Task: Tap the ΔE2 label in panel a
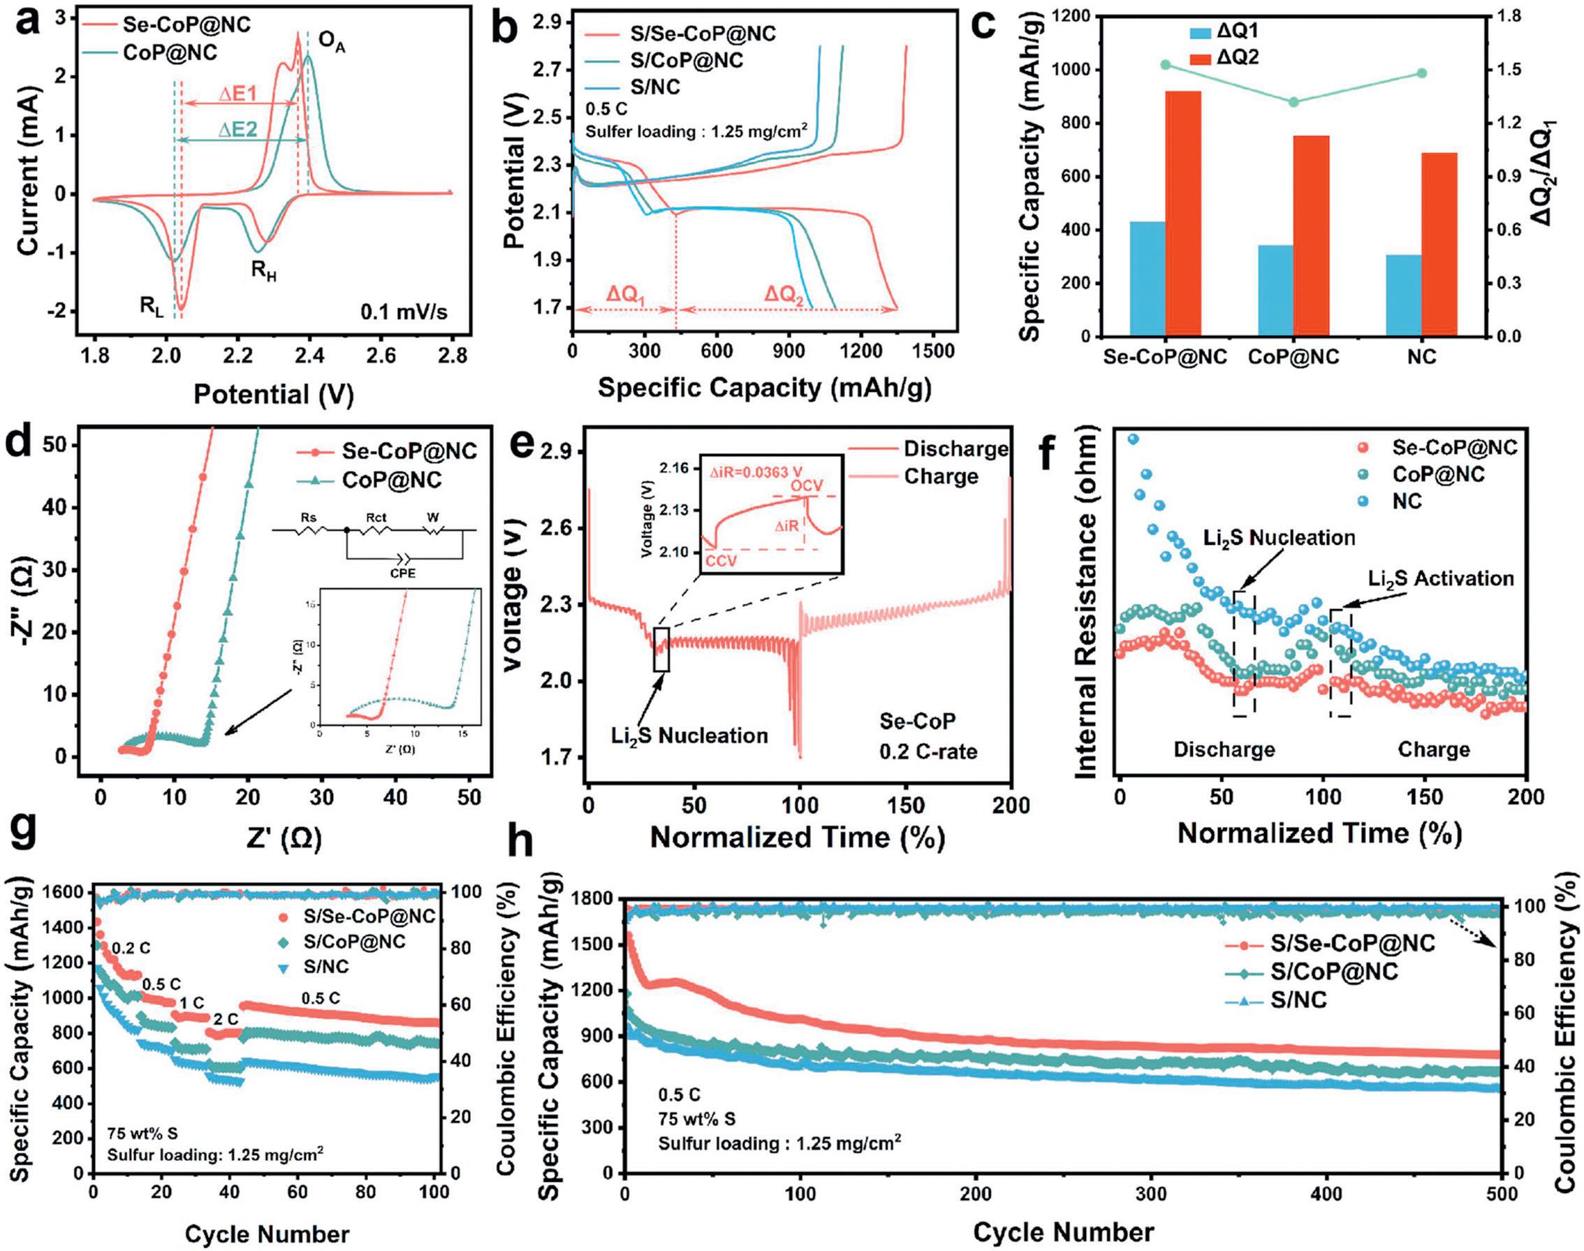tap(239, 130)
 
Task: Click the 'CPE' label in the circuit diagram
tap(402, 573)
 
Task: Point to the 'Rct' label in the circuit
tap(376, 518)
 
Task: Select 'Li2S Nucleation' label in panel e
tap(690, 736)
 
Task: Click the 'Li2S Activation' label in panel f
tap(1440, 578)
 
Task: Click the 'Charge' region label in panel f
tap(1433, 750)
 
